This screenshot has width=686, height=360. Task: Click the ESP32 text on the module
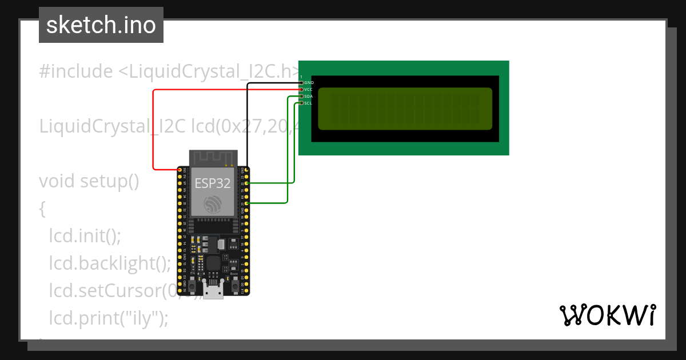coord(213,183)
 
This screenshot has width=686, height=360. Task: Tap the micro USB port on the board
coord(213,292)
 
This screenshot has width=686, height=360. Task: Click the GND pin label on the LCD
coord(309,83)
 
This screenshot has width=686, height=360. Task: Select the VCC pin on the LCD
coord(302,90)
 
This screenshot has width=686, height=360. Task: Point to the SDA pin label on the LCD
coord(309,97)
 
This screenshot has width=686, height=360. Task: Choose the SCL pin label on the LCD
coord(309,103)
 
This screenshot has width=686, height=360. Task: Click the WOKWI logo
coord(607,315)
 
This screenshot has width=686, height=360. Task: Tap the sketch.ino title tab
coord(101,26)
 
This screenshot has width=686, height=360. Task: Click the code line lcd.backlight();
coord(109,263)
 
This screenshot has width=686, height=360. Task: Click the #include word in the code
coord(76,72)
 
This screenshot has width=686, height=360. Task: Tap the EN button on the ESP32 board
coord(193,285)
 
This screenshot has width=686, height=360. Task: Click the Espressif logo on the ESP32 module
coord(213,205)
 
